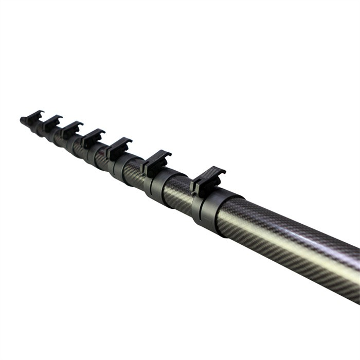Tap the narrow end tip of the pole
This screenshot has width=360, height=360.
point(23,121)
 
